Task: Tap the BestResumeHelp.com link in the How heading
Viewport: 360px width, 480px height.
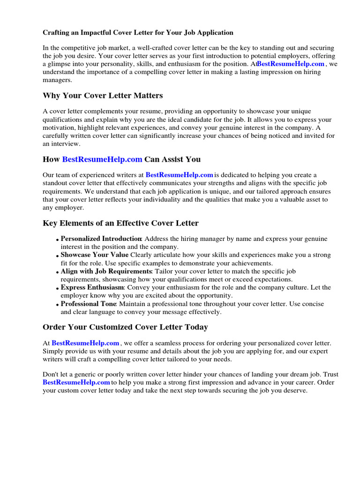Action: coord(102,159)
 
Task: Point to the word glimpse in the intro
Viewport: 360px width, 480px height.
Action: coord(64,64)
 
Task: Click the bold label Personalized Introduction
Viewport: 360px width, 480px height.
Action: coord(101,239)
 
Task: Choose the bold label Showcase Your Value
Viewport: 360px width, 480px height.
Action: coord(94,255)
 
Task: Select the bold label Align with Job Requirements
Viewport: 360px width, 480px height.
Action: coord(106,271)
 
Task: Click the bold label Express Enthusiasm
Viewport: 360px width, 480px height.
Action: coord(92,287)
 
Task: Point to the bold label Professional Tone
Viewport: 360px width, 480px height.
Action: coord(88,304)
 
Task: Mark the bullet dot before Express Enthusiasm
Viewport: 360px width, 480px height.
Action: coord(58,289)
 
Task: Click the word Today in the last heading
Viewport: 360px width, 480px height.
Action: coord(196,327)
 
